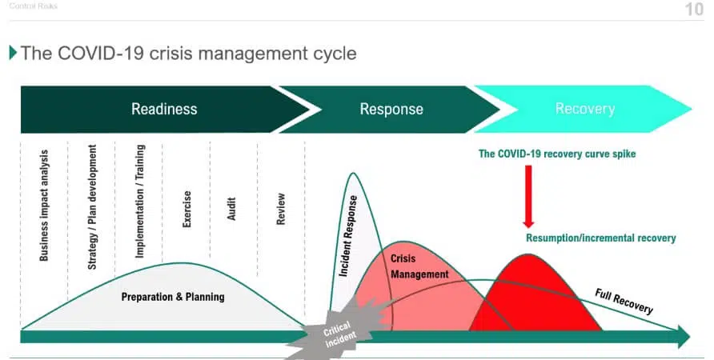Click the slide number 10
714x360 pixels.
695,9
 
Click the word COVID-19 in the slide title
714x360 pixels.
101,54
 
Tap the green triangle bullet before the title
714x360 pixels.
13,53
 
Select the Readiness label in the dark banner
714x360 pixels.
164,109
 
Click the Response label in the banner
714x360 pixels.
391,109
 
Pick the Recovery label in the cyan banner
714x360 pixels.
585,109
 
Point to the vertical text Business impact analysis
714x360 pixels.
44,206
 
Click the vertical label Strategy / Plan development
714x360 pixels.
92,207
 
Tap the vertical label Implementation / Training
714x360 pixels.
140,201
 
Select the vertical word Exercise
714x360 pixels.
187,209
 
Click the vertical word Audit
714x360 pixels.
231,209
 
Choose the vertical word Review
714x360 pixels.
280,209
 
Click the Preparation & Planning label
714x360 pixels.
173,297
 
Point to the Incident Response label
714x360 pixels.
348,236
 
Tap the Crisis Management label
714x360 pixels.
419,266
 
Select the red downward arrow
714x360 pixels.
528,197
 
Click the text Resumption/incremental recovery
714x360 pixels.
601,238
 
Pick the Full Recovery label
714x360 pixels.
624,301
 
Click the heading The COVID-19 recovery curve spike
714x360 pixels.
557,154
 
